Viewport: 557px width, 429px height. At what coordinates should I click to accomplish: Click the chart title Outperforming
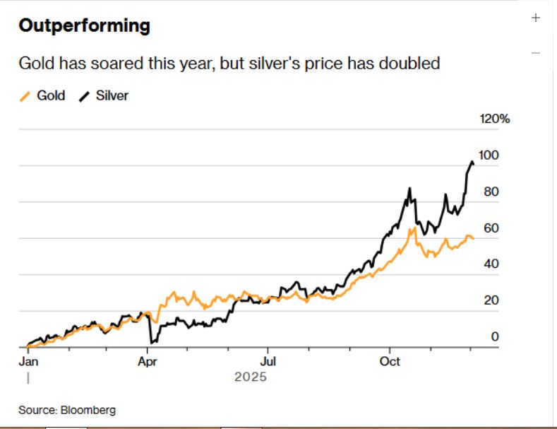point(84,26)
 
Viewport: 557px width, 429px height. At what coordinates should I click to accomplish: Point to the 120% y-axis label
point(494,119)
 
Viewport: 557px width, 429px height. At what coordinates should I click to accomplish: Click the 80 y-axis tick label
point(491,192)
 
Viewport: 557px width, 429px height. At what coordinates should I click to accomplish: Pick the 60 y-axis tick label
point(491,228)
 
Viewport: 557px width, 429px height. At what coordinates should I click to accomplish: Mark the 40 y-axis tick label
point(491,264)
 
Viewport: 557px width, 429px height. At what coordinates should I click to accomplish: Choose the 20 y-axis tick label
point(491,300)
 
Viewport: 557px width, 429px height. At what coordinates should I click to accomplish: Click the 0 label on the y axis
point(494,337)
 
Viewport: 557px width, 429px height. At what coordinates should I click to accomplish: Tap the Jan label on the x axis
point(28,361)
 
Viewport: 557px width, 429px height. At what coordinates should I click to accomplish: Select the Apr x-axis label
point(147,361)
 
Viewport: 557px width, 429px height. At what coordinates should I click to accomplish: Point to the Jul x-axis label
point(267,361)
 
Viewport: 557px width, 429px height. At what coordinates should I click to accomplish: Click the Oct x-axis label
point(390,361)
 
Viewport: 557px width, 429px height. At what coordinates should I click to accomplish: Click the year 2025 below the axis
point(251,377)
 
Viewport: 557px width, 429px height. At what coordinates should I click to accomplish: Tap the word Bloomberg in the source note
point(88,410)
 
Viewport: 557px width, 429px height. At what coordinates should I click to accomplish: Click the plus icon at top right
point(535,18)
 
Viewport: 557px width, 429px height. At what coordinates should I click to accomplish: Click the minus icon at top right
point(535,53)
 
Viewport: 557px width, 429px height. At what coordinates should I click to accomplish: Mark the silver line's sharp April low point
point(152,343)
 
